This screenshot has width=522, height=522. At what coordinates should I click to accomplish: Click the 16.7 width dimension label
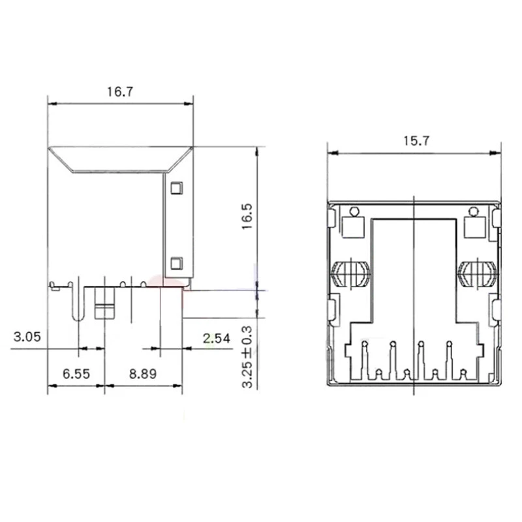(x=121, y=92)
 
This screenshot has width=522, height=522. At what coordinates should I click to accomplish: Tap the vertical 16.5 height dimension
(x=246, y=215)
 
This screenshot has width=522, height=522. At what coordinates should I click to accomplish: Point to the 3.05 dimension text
(x=27, y=337)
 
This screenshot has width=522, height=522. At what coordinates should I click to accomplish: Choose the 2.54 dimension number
(x=216, y=337)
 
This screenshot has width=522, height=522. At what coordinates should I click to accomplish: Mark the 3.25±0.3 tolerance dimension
(x=247, y=358)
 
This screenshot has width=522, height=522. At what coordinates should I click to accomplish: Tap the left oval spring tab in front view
(x=351, y=273)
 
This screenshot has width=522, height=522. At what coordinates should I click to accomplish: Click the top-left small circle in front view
(x=354, y=211)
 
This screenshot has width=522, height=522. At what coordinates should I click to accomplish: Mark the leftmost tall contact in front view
(x=365, y=359)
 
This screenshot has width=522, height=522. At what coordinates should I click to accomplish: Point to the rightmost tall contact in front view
(x=449, y=359)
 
